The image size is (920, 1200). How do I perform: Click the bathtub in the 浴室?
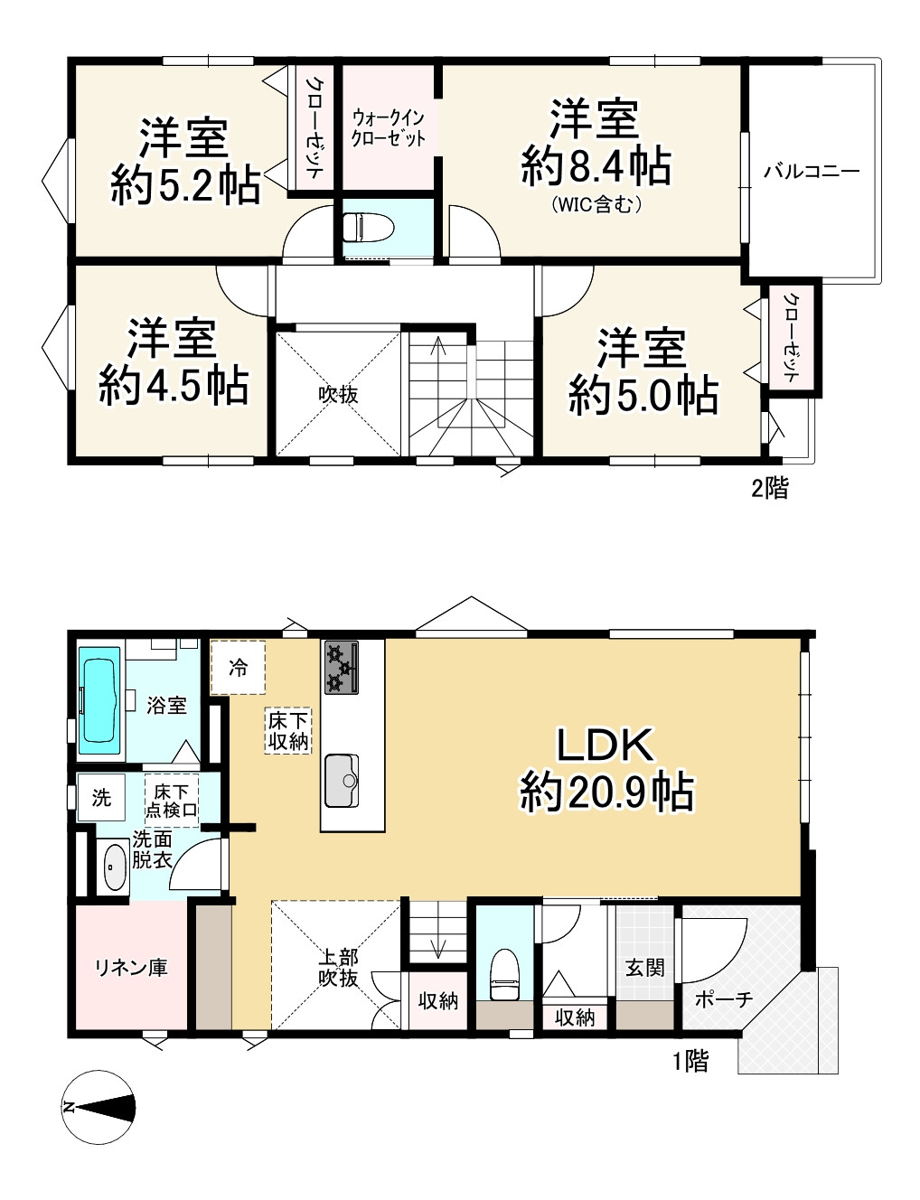click(99, 700)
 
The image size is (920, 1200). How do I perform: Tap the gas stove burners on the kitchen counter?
click(342, 667)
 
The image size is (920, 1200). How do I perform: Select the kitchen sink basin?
click(342, 781)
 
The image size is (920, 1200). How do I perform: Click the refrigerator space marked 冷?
click(239, 668)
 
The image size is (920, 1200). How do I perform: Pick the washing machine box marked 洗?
click(101, 797)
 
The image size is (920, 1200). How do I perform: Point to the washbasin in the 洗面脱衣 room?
click(114, 867)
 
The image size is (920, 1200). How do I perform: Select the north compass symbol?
click(99, 1107)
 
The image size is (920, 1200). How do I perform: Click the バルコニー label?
click(812, 172)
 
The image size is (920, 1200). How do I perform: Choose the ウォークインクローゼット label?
click(388, 128)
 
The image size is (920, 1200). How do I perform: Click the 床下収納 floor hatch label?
click(287, 731)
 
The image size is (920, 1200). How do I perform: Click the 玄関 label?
click(645, 967)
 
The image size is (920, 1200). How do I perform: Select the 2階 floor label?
click(770, 488)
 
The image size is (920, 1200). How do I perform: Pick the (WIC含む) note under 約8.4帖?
click(596, 205)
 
